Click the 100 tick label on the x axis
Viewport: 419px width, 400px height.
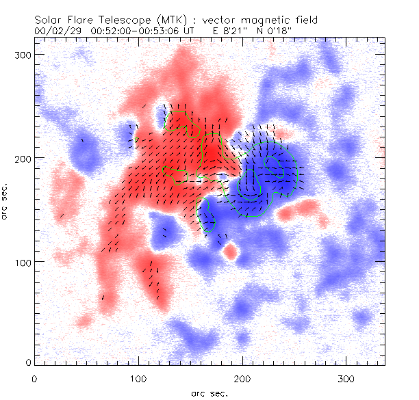click(138, 378)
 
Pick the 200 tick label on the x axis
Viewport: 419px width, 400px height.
click(242, 378)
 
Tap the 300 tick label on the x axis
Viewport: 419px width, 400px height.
click(346, 378)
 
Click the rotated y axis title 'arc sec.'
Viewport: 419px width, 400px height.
click(6, 202)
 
